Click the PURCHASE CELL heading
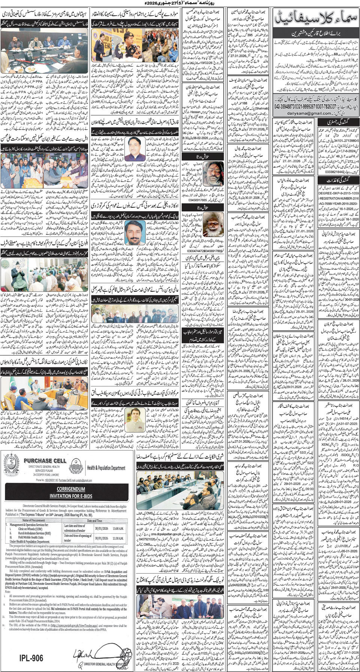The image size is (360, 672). tap(45, 460)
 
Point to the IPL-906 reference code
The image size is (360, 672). tap(31, 657)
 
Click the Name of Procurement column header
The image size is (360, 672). tap(34, 520)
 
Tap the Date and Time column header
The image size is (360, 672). tap(94, 520)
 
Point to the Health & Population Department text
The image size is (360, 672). tap(106, 468)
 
